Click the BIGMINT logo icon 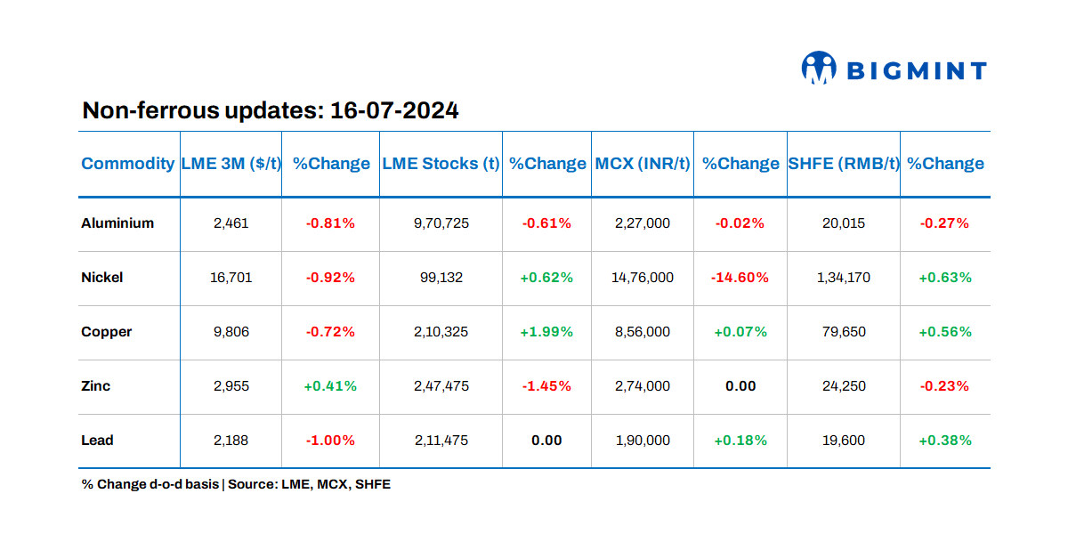[x=819, y=69]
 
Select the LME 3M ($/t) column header [x=231, y=164]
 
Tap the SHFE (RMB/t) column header [x=844, y=164]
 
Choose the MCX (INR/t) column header [x=643, y=164]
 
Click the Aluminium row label [x=117, y=223]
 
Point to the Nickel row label [x=102, y=278]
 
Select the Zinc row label [x=96, y=386]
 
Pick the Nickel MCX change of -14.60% [x=740, y=278]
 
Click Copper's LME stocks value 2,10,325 [x=441, y=332]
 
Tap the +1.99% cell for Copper [x=546, y=332]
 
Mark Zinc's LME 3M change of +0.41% [x=330, y=386]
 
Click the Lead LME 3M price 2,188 [x=231, y=441]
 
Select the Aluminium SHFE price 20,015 [x=844, y=223]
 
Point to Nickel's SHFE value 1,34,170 [x=844, y=278]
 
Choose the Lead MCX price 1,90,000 [x=643, y=441]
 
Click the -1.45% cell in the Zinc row [x=546, y=386]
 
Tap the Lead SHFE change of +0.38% [x=944, y=441]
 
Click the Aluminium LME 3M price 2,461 [x=231, y=223]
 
